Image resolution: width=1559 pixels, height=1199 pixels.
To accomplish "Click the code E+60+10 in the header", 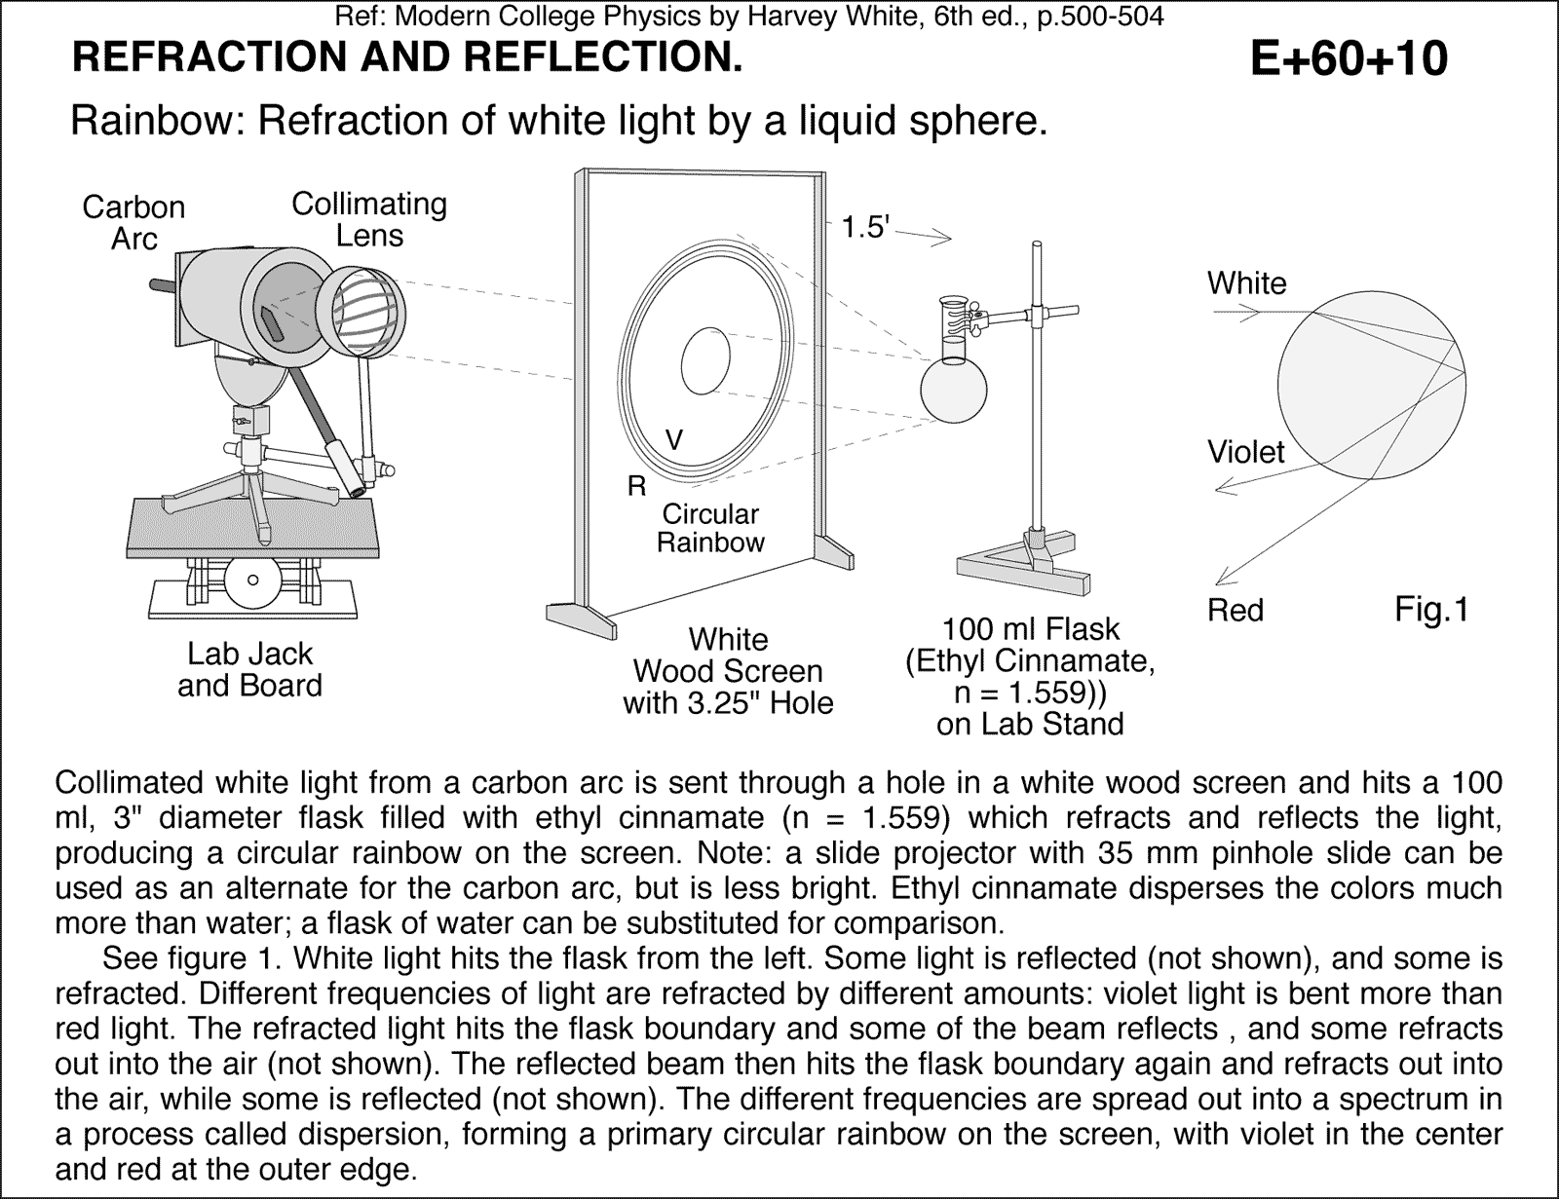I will [x=1349, y=58].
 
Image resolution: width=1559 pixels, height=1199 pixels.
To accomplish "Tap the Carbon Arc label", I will [x=133, y=222].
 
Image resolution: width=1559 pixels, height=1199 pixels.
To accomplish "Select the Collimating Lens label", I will [x=369, y=219].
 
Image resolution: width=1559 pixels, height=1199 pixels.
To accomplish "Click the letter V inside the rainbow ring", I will [x=673, y=440].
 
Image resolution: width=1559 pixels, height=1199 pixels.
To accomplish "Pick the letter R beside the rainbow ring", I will [x=636, y=487].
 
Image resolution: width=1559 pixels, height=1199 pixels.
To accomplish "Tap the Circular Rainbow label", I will [x=710, y=528].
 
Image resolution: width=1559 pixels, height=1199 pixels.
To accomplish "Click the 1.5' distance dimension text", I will [x=865, y=228].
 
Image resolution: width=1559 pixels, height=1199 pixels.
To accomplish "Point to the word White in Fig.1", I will [x=1246, y=283].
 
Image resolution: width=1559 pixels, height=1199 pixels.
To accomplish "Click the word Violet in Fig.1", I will [x=1245, y=452].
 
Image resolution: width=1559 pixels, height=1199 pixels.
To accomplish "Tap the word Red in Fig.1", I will [x=1235, y=611].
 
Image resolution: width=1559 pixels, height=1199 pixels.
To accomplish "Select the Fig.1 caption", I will [x=1430, y=610].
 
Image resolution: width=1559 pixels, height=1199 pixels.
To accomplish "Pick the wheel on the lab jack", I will [x=251, y=581].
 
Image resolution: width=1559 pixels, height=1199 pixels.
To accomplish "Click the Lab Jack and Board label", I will [x=249, y=669].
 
